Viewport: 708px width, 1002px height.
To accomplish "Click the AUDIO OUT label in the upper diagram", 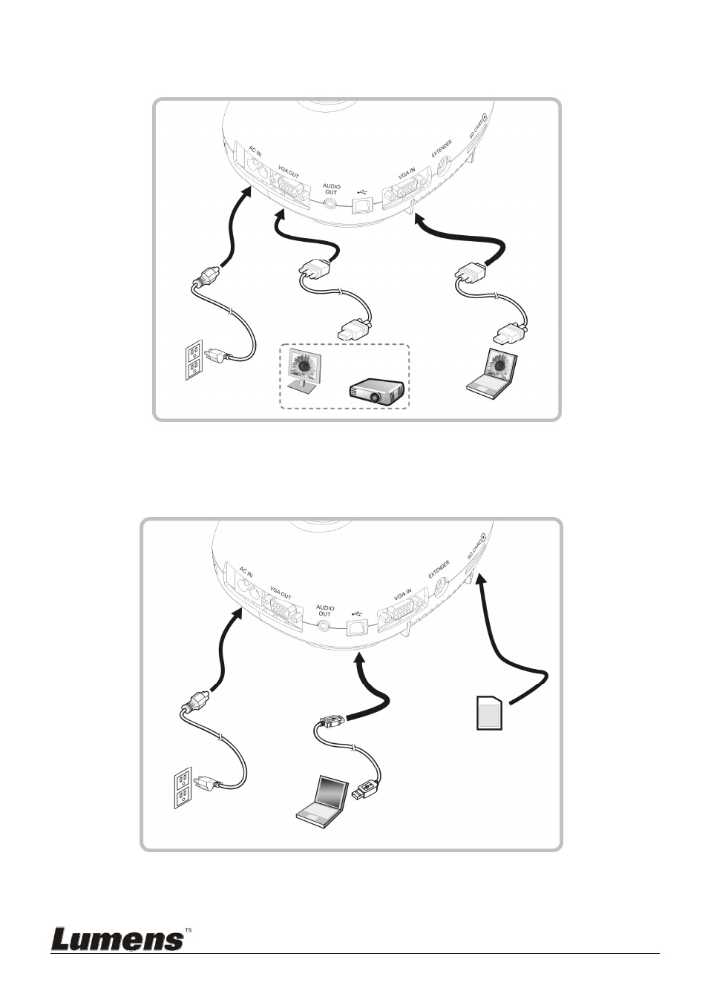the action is pos(331,189).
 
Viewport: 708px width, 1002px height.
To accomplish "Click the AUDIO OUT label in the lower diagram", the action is pos(325,610).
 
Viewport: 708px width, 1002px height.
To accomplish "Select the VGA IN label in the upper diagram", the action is pos(407,173).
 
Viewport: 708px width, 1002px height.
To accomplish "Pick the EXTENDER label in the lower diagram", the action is pos(439,569).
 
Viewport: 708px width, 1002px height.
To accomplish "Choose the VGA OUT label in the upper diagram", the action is pos(289,172).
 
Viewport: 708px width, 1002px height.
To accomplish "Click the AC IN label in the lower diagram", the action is pos(246,571).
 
